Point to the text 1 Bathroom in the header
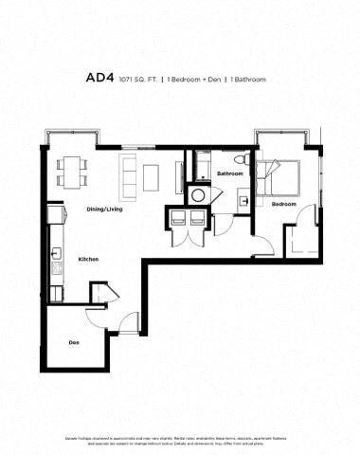pos(248,80)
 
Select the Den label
pos(73,342)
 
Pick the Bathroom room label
pos(230,174)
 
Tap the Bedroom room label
pos(284,204)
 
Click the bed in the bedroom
pos(283,174)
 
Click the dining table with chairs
pos(71,170)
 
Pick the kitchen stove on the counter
pos(56,269)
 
